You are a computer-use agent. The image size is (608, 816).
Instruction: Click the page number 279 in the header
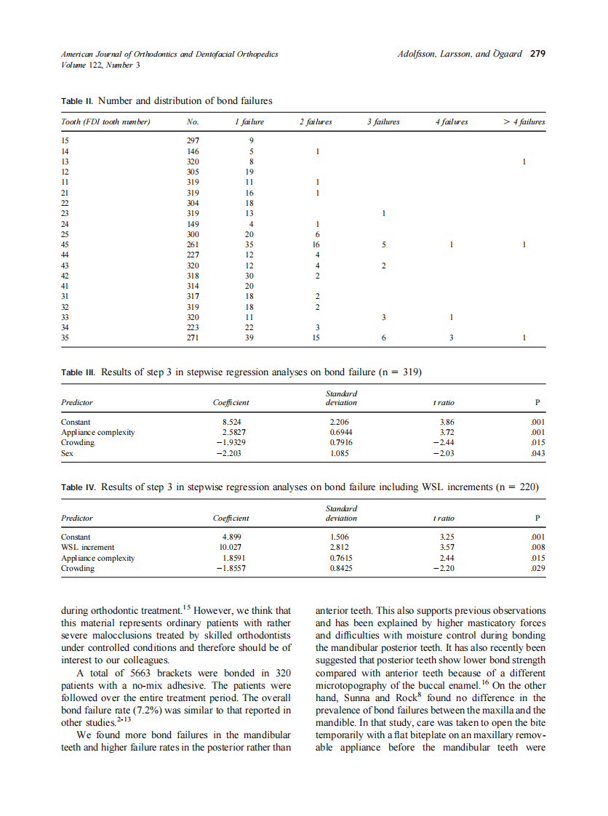point(537,54)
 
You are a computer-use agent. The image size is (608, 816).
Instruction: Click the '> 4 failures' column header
point(524,122)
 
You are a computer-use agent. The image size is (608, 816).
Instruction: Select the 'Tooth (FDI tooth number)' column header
point(105,122)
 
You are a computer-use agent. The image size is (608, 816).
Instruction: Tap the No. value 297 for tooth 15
point(193,141)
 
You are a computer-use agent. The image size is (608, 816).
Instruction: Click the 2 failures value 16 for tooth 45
point(316,246)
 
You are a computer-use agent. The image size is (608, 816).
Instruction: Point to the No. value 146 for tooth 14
point(193,151)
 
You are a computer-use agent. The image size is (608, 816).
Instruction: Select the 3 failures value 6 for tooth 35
point(384,337)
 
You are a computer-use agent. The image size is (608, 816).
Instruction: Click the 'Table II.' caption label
point(77,100)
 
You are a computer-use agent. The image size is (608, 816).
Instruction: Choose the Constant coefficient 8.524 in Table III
point(231,422)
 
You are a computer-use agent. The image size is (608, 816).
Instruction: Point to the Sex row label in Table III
point(67,452)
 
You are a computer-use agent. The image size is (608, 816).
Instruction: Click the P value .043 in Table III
point(538,452)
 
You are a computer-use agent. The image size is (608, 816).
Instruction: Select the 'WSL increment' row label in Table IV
point(87,547)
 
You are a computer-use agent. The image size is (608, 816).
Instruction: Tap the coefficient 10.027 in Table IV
point(230,547)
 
